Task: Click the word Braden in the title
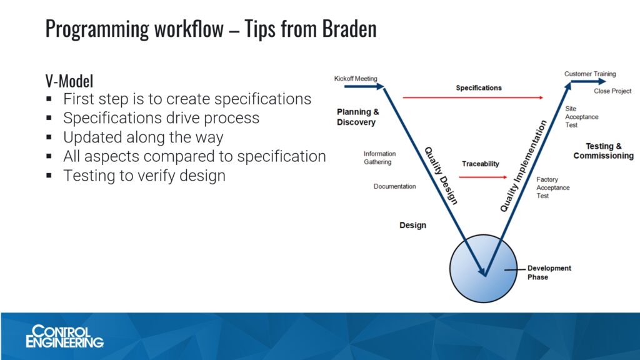(349, 29)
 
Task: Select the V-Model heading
(69, 81)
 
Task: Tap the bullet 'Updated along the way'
(143, 137)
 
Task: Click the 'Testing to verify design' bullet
(144, 176)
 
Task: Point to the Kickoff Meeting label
(356, 78)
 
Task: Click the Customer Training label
(590, 74)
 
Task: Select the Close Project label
(612, 91)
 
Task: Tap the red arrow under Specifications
(472, 97)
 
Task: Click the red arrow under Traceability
(483, 177)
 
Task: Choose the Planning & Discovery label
(357, 117)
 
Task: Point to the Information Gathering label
(379, 157)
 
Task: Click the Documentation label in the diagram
(394, 186)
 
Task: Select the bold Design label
(412, 225)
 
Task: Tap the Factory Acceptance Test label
(552, 187)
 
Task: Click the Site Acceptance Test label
(582, 117)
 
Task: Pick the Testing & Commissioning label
(603, 151)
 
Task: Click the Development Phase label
(549, 272)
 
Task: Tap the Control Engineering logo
(64, 336)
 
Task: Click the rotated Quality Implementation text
(523, 166)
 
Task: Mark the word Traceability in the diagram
(481, 164)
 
